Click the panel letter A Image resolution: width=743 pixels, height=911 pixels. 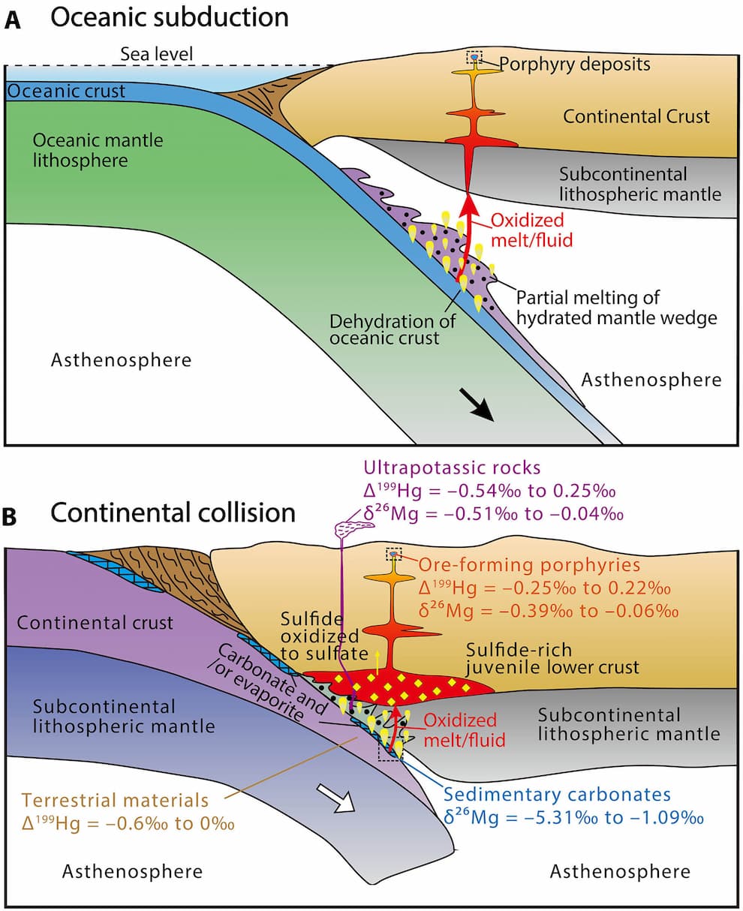12,20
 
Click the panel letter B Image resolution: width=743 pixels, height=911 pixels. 10,516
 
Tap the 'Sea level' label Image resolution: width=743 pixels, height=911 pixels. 156,54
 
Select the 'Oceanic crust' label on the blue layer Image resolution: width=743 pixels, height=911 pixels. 66,91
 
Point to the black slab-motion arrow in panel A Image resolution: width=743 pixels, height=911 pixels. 476,404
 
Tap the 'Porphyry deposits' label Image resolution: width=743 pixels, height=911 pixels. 575,65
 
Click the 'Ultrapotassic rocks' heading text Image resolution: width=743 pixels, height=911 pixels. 452,468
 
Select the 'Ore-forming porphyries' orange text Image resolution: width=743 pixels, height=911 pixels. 529,565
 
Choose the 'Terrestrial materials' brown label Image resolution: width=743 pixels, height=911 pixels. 116,800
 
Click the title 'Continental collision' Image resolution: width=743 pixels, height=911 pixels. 173,513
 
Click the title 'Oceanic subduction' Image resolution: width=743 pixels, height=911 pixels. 170,18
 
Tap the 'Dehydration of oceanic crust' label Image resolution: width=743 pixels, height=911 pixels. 393,329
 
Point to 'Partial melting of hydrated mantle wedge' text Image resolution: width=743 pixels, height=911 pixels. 617,308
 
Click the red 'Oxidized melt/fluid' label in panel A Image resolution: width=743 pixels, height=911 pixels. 532,230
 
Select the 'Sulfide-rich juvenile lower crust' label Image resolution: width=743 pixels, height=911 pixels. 552,658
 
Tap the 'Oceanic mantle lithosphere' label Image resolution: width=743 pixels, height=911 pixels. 98,150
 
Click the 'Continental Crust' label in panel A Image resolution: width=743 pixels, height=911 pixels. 636,116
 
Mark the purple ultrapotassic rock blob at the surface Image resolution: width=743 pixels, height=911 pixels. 354,527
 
